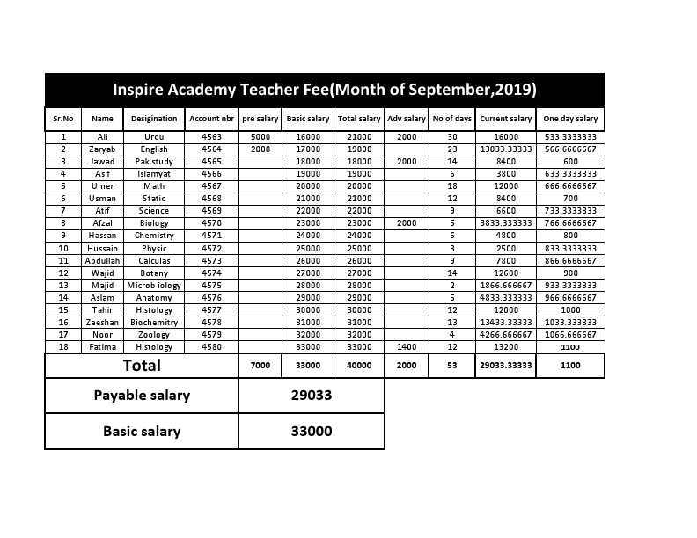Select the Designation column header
coord(154,119)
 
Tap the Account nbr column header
coord(211,119)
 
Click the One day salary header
coord(570,119)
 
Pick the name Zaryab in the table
coord(102,149)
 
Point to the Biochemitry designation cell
coord(154,323)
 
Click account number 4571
coord(211,236)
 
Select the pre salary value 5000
coord(260,137)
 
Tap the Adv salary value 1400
coord(406,347)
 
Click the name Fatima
coord(102,347)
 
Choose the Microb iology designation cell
coord(154,286)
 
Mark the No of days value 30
coord(452,137)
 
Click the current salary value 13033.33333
coord(505,149)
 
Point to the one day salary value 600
coord(570,162)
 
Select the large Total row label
coord(142,366)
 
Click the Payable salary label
coord(142,396)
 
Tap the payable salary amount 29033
coord(312,396)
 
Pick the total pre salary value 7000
coord(260,366)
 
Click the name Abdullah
coord(102,261)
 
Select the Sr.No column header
coord(63,119)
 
